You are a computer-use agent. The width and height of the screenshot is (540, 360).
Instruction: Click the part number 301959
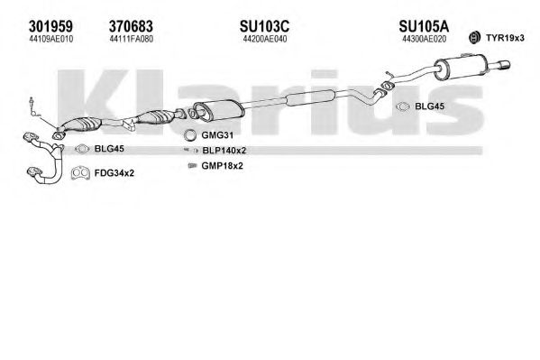click(50, 26)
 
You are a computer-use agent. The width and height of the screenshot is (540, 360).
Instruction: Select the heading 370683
click(131, 26)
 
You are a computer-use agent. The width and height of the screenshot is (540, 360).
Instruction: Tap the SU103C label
click(264, 26)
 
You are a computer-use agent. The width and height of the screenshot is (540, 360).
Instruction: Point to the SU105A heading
click(424, 26)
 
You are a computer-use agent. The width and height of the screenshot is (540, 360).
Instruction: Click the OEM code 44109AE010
click(51, 40)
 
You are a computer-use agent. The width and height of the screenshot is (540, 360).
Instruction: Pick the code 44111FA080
click(132, 40)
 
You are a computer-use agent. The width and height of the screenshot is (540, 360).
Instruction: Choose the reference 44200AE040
click(265, 40)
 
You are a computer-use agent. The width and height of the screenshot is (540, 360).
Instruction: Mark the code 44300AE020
click(424, 40)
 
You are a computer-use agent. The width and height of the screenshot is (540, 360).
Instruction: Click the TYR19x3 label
click(505, 38)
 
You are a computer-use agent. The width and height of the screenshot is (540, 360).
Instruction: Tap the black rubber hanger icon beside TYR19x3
click(474, 37)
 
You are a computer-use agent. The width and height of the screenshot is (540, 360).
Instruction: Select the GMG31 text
click(217, 135)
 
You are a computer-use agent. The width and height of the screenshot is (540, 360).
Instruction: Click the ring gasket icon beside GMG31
click(189, 135)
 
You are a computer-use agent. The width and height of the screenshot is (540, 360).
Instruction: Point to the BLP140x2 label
click(224, 151)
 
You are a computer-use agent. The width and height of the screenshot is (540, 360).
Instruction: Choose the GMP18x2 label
click(222, 166)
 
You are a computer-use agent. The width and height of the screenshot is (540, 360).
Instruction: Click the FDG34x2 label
click(114, 173)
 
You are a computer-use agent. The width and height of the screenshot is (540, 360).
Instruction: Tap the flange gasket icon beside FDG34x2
click(80, 173)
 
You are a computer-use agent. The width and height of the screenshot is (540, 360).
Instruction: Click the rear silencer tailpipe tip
click(504, 65)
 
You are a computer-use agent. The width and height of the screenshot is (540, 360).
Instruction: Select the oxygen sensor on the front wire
click(32, 103)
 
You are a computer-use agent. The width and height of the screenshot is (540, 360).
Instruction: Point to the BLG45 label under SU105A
click(429, 106)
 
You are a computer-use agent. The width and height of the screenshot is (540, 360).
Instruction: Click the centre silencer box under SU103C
click(219, 110)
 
